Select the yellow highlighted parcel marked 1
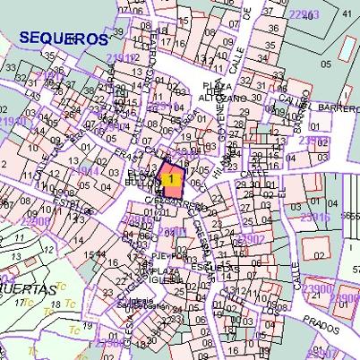pyautogui.click(x=170, y=178)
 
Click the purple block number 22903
pyautogui.click(x=305, y=14)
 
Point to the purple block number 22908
pyautogui.click(x=36, y=220)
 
